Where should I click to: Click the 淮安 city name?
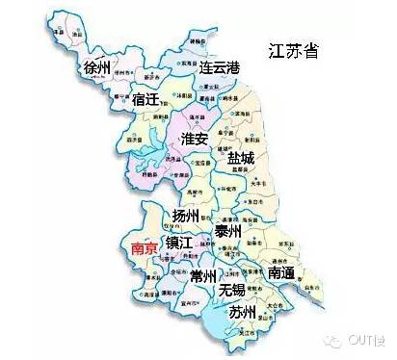tap(196, 140)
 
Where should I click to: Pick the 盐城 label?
tap(242, 156)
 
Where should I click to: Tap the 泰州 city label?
tap(228, 231)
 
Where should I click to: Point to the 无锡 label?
tap(232, 290)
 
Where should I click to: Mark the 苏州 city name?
tap(242, 313)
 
